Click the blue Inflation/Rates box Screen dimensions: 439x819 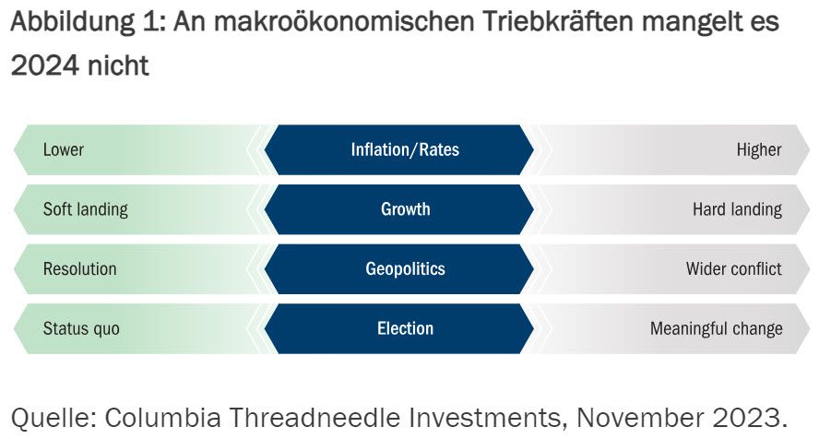point(404,149)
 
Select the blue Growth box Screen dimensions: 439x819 point(405,209)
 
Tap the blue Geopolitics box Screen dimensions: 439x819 point(405,269)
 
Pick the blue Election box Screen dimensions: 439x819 point(405,328)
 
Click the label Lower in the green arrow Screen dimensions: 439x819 point(63,149)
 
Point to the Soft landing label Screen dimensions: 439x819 point(85,209)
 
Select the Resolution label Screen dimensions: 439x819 point(79,269)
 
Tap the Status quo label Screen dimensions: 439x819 point(81,328)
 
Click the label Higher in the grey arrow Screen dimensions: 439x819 point(759,149)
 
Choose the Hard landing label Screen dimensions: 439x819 point(737,209)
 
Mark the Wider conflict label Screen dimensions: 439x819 point(733,269)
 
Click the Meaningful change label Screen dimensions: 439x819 point(716,328)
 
